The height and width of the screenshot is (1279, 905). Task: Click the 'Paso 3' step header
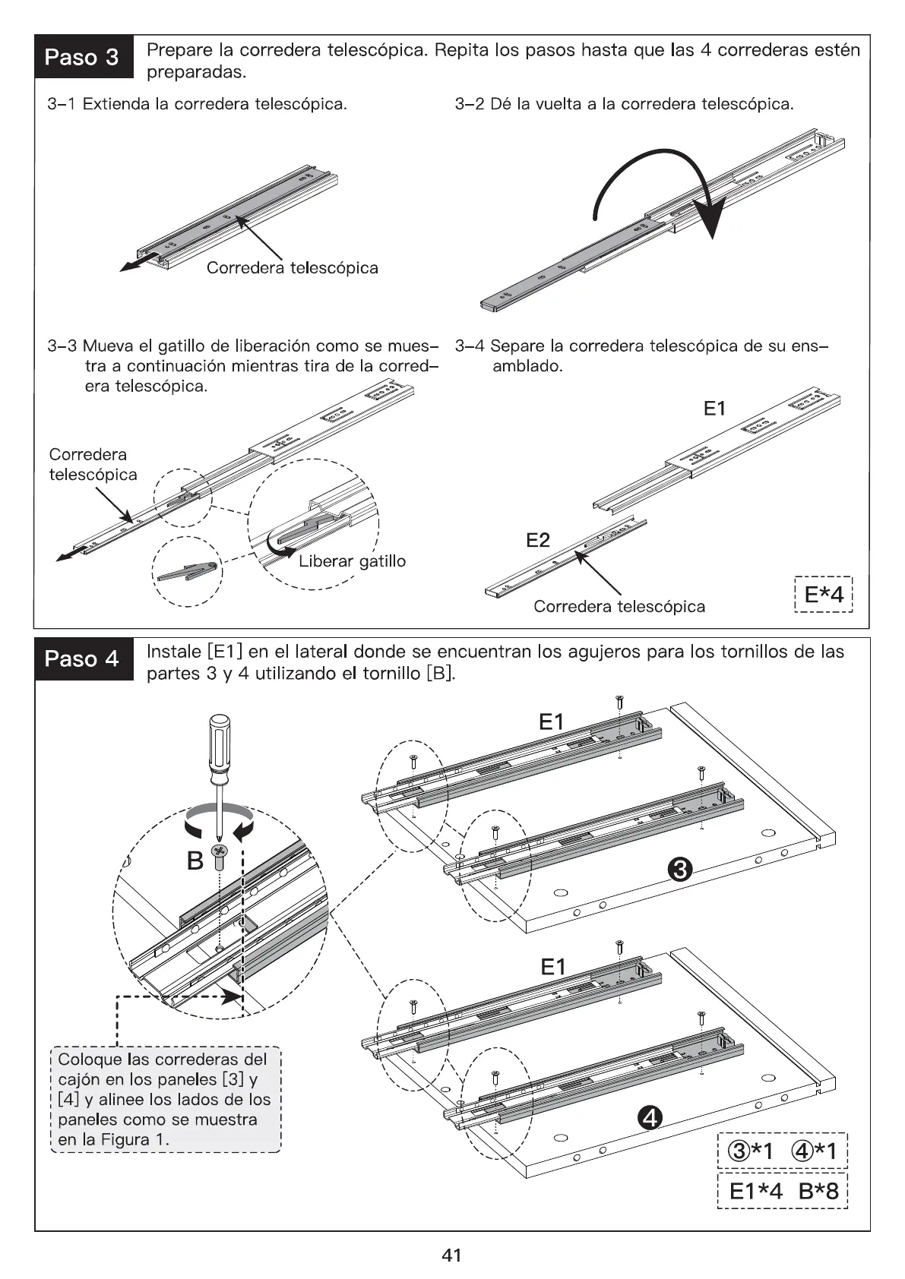(x=82, y=57)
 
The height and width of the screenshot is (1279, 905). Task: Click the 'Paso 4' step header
(x=82, y=658)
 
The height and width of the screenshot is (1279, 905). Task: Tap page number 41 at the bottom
(x=451, y=1255)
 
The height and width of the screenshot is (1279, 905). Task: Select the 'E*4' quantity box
(x=823, y=594)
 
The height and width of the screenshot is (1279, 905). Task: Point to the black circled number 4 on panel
(x=650, y=1117)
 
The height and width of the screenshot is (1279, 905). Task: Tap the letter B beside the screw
(x=195, y=861)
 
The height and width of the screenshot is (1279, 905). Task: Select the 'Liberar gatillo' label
(x=352, y=561)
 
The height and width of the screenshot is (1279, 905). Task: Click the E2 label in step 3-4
(x=537, y=540)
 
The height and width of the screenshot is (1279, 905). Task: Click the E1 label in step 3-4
(x=714, y=409)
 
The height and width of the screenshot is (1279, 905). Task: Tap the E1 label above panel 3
(x=552, y=722)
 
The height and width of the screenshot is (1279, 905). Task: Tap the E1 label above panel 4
(x=553, y=967)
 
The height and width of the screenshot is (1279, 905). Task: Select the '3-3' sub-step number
(x=62, y=346)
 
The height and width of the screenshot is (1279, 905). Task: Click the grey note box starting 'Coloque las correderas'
(x=164, y=1099)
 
